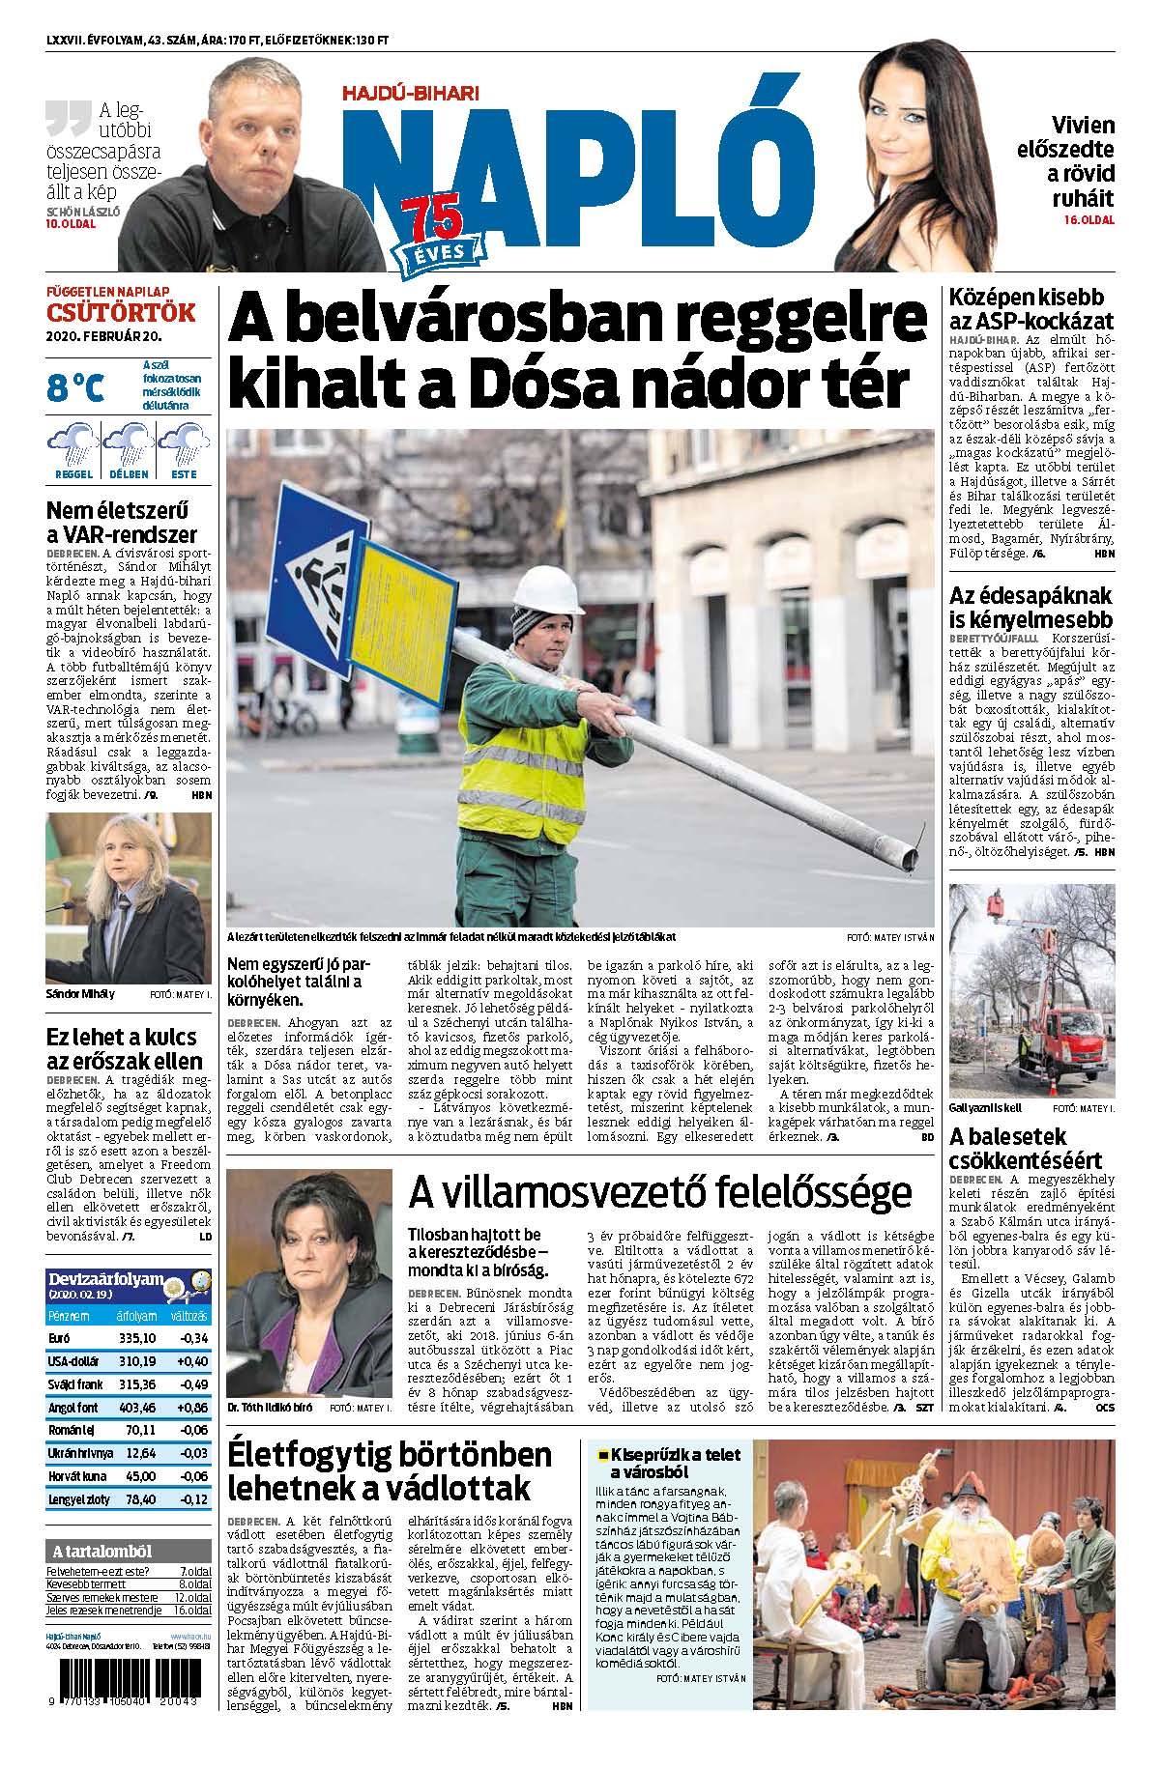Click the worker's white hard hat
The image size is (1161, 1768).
point(547,589)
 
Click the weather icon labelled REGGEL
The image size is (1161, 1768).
point(73,449)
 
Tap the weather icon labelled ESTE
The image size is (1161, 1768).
point(184,449)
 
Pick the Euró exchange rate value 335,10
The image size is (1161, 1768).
point(136,1337)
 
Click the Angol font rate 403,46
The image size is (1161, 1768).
point(136,1408)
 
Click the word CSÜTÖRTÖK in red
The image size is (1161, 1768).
point(121,313)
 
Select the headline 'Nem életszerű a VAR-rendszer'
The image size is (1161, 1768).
point(122,522)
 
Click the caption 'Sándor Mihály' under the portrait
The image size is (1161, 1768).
point(80,993)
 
